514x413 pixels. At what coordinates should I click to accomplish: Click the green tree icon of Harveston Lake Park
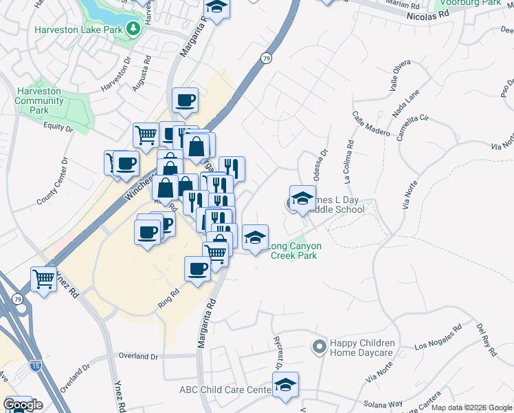coord(133,29)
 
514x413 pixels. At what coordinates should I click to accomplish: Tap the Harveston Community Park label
coord(39,100)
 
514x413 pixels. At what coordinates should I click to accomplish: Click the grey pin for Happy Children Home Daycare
coord(319,347)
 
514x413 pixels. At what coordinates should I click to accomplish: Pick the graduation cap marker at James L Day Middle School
coord(302,200)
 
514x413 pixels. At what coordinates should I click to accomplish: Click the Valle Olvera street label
coord(400,76)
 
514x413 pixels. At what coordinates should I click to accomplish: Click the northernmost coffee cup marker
coord(185,101)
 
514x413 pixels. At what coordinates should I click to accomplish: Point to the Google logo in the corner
coord(22,405)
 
